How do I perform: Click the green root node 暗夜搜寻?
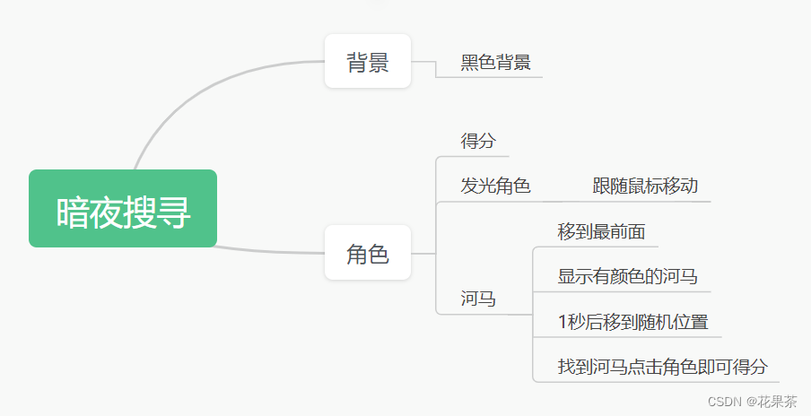click(x=123, y=208)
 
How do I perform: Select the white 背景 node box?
click(x=368, y=62)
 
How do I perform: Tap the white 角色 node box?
click(x=368, y=253)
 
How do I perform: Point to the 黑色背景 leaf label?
click(x=495, y=62)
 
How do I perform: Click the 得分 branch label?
click(x=478, y=141)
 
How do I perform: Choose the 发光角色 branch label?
click(x=495, y=186)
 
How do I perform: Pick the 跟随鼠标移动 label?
click(x=645, y=186)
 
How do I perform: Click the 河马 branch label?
click(x=478, y=299)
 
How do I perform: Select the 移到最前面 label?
click(x=601, y=231)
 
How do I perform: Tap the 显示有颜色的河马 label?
click(x=627, y=276)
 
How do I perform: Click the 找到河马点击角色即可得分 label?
click(x=662, y=367)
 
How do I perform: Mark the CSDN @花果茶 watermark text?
click(x=752, y=402)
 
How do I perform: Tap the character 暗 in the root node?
click(x=73, y=213)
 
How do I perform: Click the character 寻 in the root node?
click(x=175, y=213)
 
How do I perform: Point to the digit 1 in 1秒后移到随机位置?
click(x=562, y=322)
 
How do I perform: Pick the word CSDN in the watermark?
click(x=723, y=402)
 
